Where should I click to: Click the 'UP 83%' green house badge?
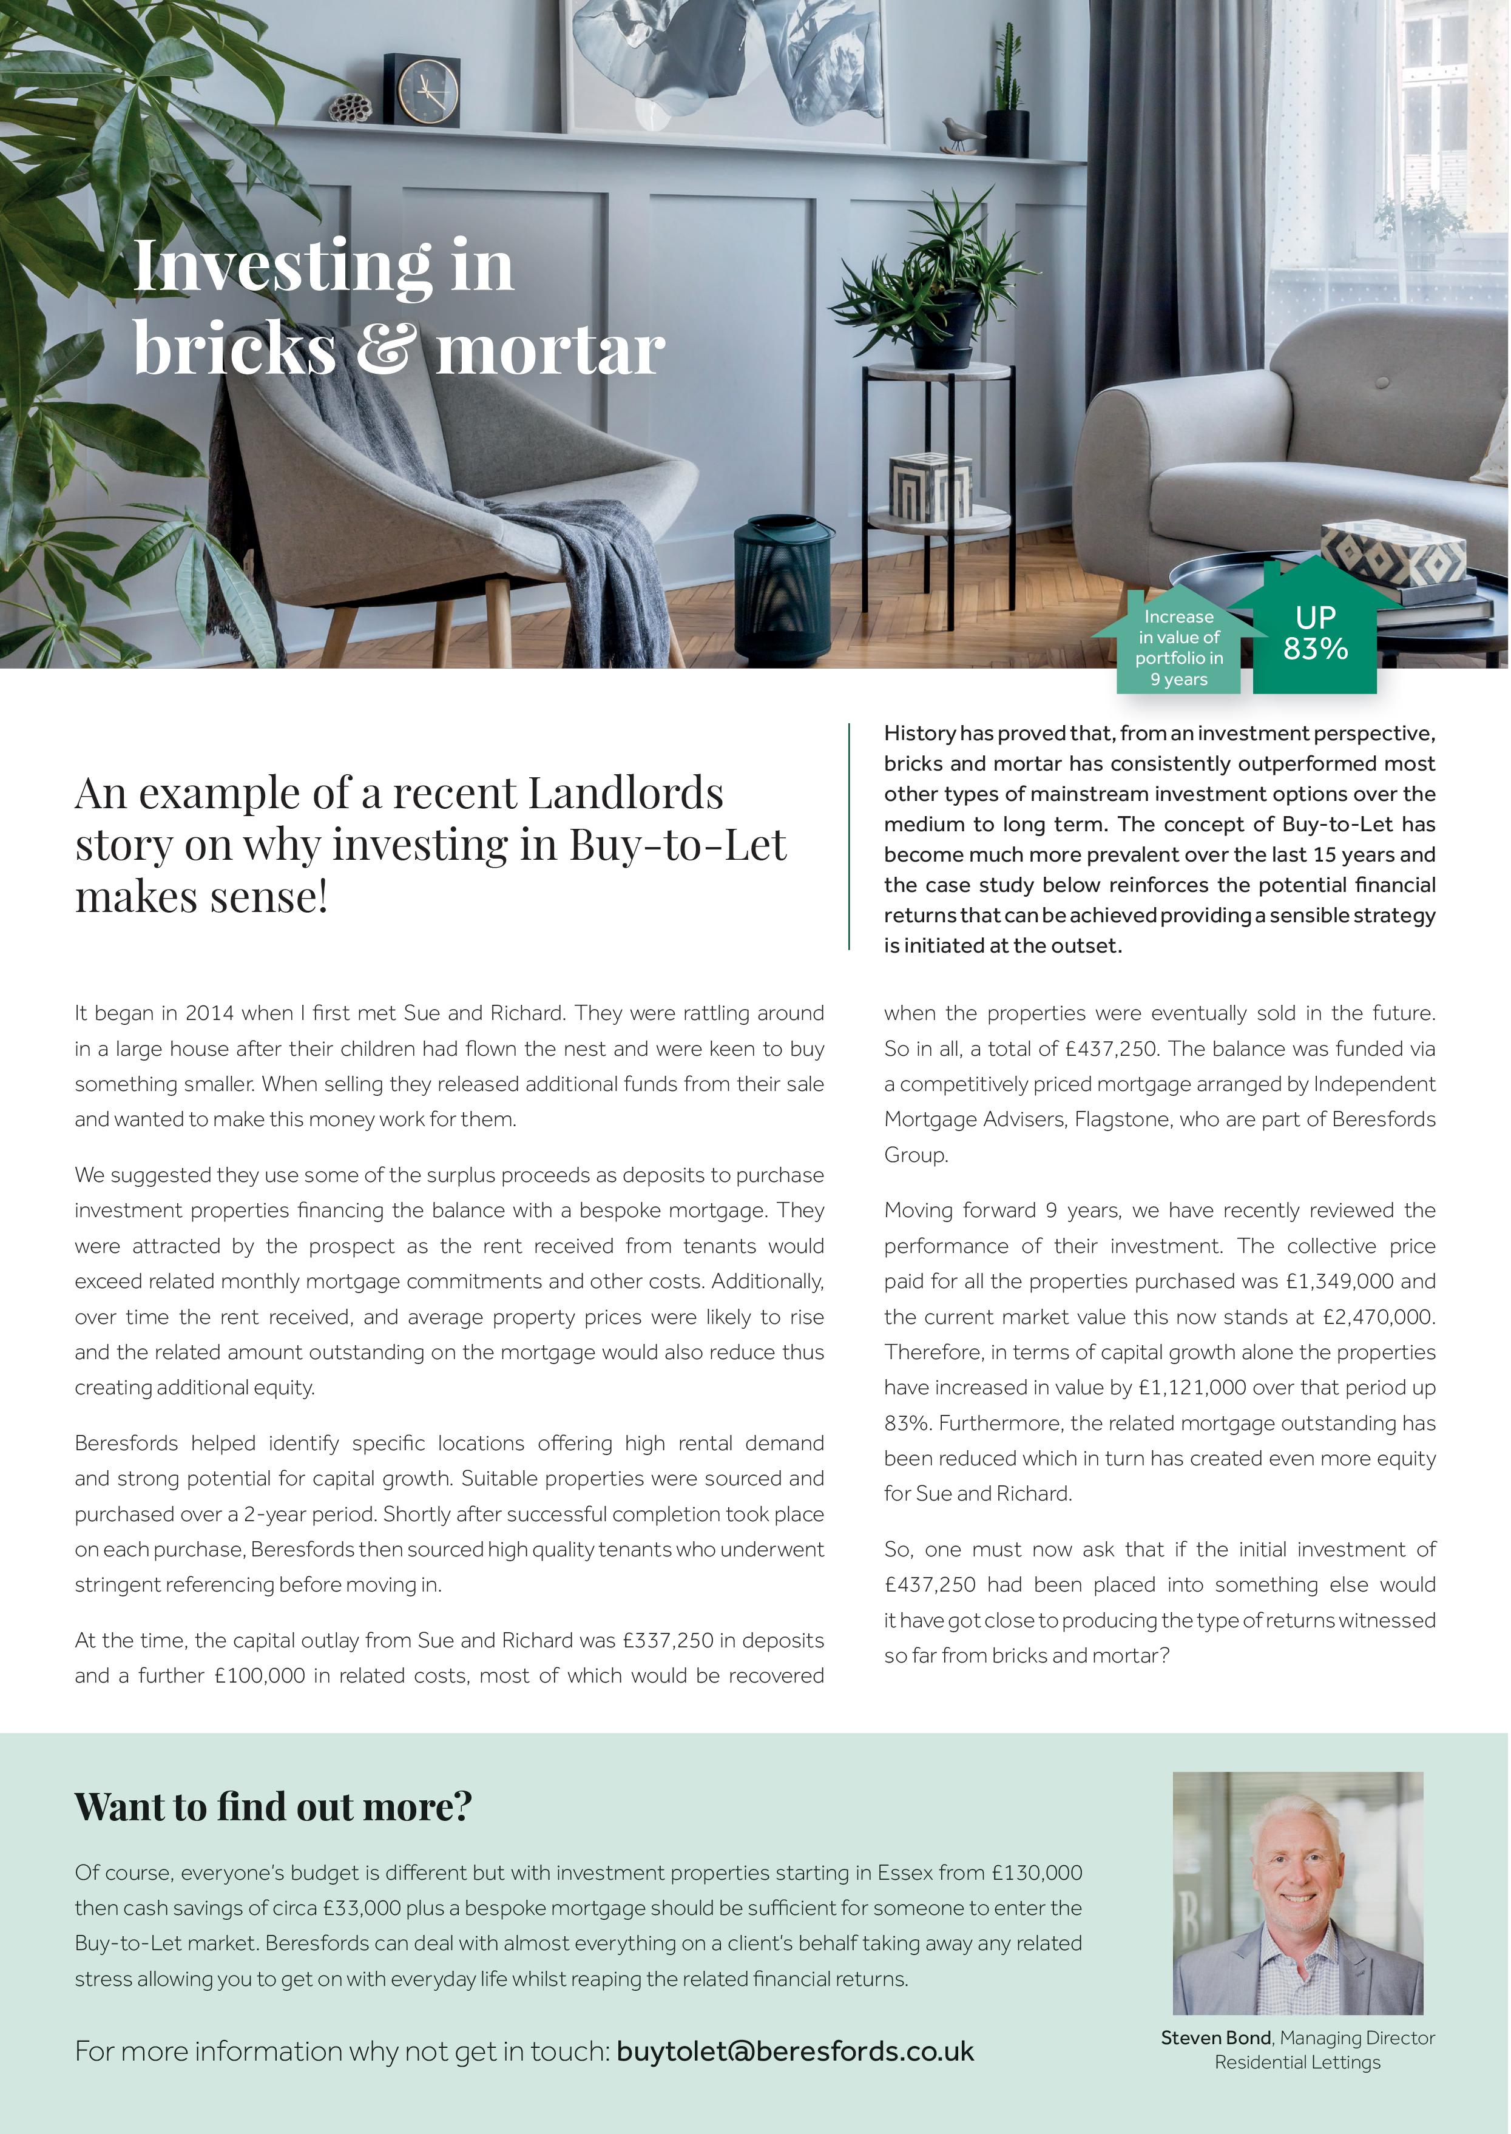pos(1314,633)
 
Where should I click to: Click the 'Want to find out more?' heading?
pos(274,1806)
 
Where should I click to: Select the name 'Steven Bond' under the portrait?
pos(1215,2038)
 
